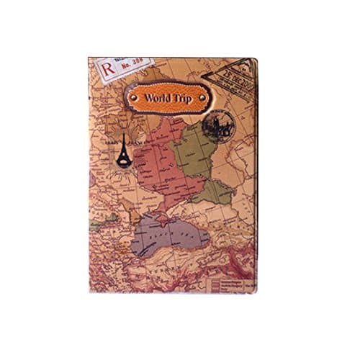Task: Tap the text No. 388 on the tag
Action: click(x=130, y=64)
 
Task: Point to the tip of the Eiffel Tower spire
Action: click(x=124, y=136)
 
